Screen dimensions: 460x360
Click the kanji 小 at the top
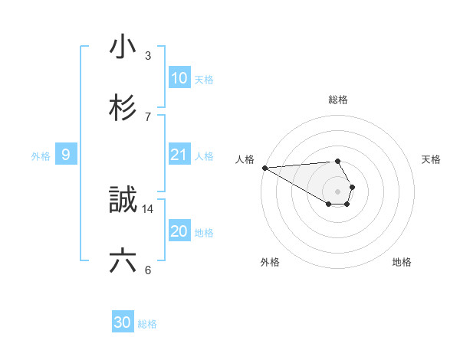123,47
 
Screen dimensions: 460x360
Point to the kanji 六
123,261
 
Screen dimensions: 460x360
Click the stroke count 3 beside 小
148,56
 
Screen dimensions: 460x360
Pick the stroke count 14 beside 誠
148,208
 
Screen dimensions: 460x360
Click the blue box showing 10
179,78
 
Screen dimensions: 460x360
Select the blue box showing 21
179,155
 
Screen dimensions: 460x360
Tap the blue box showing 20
179,231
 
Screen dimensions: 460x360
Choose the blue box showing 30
123,322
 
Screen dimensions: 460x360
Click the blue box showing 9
67,155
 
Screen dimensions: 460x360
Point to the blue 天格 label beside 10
204,80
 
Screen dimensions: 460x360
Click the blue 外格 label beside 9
41,156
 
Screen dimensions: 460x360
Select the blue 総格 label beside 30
147,324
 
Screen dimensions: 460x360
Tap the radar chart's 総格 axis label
338,100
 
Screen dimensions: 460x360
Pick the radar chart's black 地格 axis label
402,262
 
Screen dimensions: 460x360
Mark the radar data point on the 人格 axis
264,168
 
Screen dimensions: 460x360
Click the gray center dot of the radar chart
338,191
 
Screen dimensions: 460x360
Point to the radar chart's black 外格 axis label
270,262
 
